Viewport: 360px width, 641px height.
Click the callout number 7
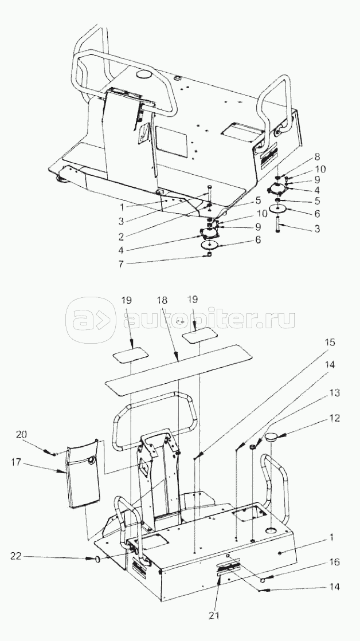click(x=121, y=264)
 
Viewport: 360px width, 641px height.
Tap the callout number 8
click(x=318, y=158)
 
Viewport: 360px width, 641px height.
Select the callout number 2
click(x=121, y=236)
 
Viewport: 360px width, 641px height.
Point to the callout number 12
click(x=335, y=419)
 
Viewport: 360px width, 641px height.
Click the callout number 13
click(x=335, y=394)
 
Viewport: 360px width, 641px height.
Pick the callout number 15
click(x=330, y=342)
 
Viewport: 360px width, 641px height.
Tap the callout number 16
click(x=335, y=562)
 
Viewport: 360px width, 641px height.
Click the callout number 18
click(x=162, y=300)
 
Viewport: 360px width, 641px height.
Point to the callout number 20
click(x=21, y=435)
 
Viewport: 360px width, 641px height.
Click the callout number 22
click(x=15, y=557)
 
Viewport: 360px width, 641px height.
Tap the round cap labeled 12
click(x=271, y=438)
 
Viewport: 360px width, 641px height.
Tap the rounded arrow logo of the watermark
click(x=91, y=320)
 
